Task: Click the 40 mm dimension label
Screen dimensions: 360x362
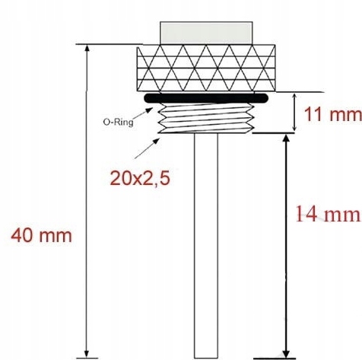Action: point(41,235)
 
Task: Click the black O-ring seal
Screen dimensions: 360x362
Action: point(207,99)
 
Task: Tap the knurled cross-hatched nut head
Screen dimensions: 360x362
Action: point(207,70)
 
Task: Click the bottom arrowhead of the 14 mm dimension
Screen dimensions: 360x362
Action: point(286,350)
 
